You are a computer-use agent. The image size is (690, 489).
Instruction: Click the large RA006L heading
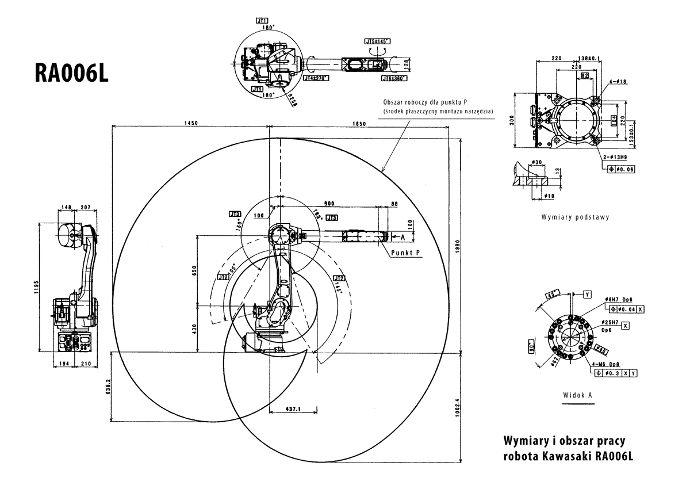click(72, 74)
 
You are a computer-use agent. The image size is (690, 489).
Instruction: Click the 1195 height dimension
click(36, 286)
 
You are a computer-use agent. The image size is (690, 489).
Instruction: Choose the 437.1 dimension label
click(293, 408)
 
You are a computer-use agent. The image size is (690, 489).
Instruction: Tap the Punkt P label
click(406, 253)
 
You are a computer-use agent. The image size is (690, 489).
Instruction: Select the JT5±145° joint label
click(377, 41)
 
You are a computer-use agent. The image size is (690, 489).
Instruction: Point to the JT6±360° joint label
click(394, 78)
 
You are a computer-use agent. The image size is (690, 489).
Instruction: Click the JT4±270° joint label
click(315, 77)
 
